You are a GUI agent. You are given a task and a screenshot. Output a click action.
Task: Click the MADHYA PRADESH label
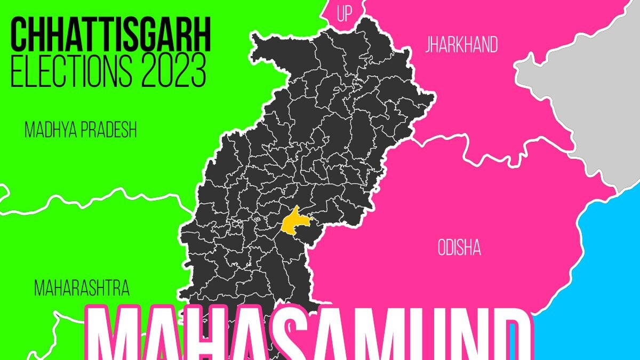81,130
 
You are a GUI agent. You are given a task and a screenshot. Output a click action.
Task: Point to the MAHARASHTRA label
82,289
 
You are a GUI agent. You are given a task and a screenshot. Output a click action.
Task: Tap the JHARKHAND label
461,45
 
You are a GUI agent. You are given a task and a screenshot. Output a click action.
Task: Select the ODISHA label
459,248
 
